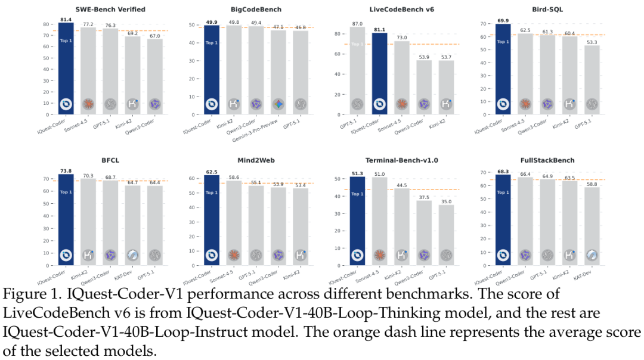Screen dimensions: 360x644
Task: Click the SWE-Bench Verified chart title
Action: tap(102, 10)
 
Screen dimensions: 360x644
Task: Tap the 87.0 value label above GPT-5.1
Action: tap(358, 23)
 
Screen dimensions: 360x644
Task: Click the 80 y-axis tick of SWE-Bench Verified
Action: tap(46, 24)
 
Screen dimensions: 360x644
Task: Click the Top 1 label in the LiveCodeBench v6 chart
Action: tap(358, 44)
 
